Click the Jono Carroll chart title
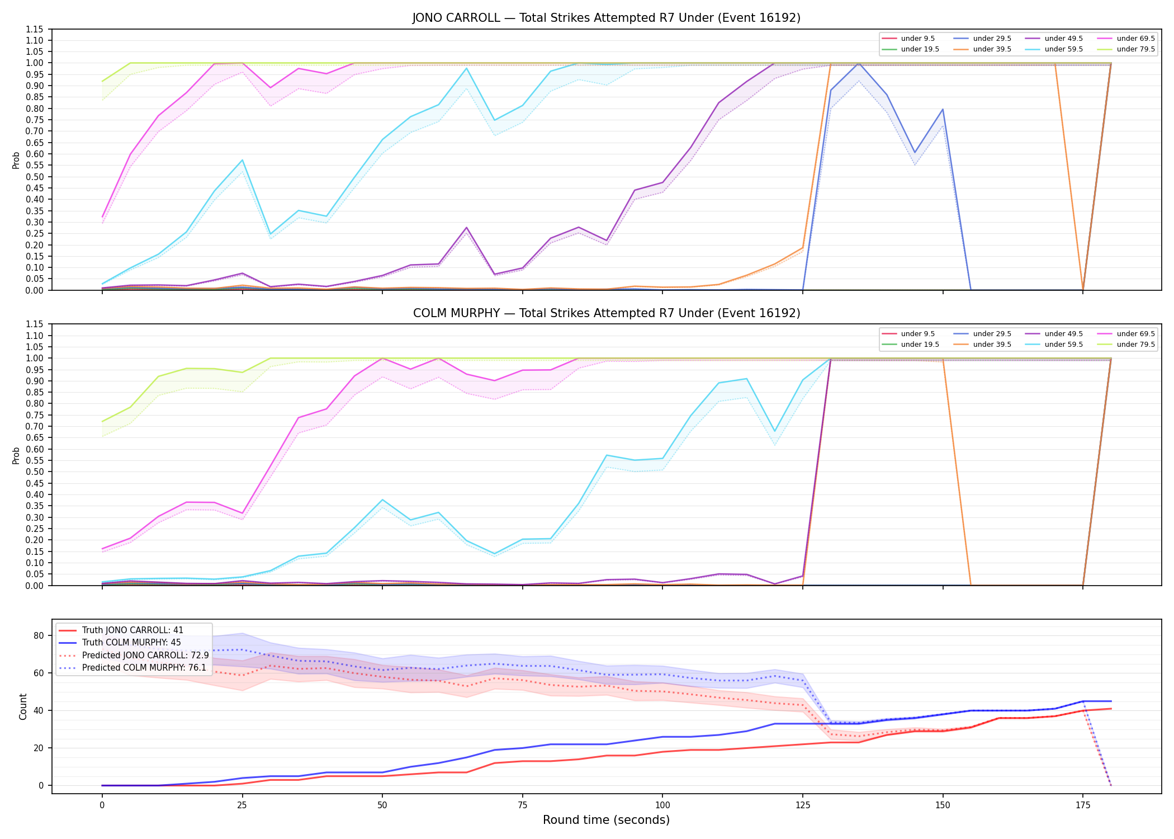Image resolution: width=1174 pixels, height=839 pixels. click(x=607, y=18)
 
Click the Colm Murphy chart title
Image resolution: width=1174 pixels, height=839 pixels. click(x=607, y=313)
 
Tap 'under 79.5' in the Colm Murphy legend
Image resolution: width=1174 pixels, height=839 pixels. click(x=1135, y=345)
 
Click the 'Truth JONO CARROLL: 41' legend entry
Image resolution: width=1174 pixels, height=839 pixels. click(x=132, y=630)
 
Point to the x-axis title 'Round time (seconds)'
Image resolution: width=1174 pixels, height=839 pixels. click(x=606, y=820)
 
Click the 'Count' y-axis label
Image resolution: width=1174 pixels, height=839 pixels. click(x=23, y=706)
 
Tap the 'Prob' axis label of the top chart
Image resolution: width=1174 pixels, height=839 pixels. click(x=16, y=160)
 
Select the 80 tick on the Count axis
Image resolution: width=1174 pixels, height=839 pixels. click(x=39, y=635)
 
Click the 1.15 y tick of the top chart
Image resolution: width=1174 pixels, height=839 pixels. click(x=35, y=29)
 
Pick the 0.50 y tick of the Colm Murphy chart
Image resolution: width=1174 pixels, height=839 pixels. click(x=35, y=472)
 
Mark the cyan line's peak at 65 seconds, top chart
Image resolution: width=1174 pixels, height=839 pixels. click(x=466, y=68)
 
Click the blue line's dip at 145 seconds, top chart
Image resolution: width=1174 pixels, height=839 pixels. click(x=915, y=153)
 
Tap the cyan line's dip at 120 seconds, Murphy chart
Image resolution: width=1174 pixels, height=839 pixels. click(x=775, y=431)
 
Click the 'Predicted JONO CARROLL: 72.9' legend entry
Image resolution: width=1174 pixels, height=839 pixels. click(x=145, y=656)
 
